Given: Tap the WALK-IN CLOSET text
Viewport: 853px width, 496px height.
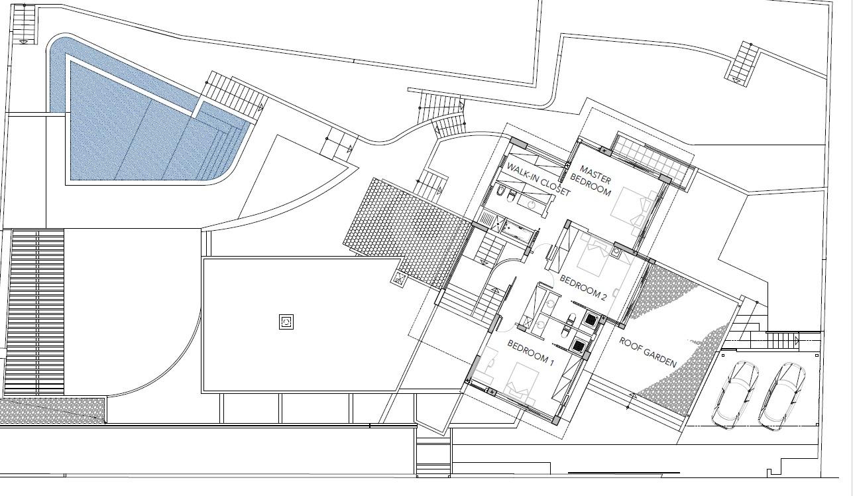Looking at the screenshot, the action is tap(538, 179).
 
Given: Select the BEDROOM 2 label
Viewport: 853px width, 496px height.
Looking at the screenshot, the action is tap(583, 288).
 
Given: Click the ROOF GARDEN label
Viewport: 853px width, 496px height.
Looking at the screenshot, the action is tap(648, 352).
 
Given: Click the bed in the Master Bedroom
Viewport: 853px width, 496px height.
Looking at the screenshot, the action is tap(633, 209).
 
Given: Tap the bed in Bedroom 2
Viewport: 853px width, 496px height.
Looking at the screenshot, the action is tap(594, 257).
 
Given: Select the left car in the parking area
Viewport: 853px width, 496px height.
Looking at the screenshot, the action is tap(735, 395).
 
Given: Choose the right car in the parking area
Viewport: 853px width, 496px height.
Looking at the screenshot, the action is tap(782, 396).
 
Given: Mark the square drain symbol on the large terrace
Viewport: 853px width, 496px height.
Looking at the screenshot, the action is tap(286, 322).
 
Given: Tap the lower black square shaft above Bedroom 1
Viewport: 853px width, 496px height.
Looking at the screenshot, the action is tap(579, 345).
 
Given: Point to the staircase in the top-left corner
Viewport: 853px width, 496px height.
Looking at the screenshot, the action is tap(24, 24).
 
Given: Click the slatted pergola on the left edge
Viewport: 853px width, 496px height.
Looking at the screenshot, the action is tap(37, 312).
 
